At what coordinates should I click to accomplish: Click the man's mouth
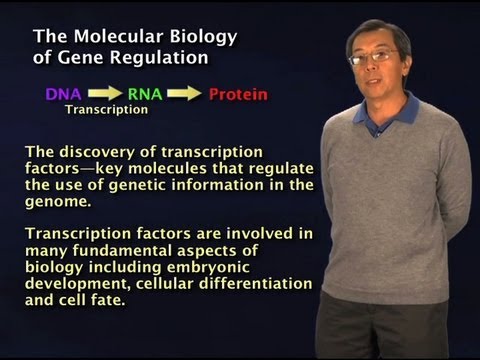376,83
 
